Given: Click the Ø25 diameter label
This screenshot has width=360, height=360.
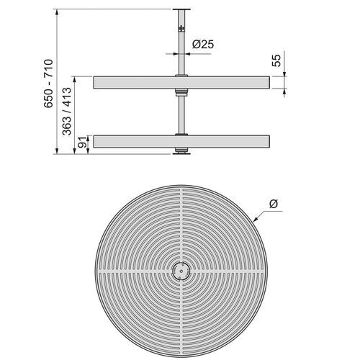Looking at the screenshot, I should tap(203, 44).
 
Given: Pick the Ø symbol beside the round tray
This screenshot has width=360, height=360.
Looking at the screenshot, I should tap(272, 205).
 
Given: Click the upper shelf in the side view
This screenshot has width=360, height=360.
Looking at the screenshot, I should tap(130, 82).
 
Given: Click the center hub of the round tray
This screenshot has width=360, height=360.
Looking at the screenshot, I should tap(179, 271).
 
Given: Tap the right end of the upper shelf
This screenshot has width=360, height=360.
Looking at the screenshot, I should tap(267, 82).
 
